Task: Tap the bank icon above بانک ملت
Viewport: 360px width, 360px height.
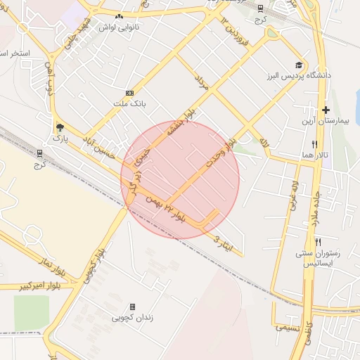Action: pos(129,93)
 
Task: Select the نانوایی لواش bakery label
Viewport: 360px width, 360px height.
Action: pos(120,27)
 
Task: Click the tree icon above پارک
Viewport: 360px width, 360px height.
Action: pos(59,128)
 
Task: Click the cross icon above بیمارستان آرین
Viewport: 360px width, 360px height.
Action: pos(326,110)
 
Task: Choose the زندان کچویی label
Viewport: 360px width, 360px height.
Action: pos(133,318)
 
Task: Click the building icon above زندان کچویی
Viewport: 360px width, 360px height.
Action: pos(133,307)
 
